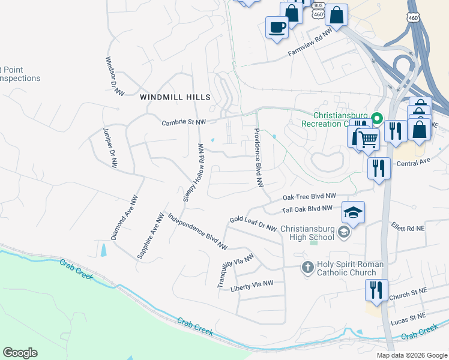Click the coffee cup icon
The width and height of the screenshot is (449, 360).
pos(277,28)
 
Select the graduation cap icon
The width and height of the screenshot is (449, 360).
pos(353,212)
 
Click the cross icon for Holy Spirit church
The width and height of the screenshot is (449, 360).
pos(307,268)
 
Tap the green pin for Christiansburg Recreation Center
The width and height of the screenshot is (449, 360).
pos(377,119)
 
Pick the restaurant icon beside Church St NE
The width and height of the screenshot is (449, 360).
pos(376,291)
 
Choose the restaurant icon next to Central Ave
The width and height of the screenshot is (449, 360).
pos(379,167)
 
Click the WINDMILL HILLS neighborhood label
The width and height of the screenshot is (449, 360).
pos(175,97)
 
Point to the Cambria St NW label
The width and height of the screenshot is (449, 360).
pos(184,122)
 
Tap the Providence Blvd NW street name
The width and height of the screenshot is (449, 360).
pos(258,157)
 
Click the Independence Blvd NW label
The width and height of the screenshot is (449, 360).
pos(197,232)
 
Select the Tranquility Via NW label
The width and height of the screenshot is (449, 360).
pos(236,269)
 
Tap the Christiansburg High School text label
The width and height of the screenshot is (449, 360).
pos(307,233)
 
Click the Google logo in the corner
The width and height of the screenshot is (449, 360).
pos(20,353)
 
